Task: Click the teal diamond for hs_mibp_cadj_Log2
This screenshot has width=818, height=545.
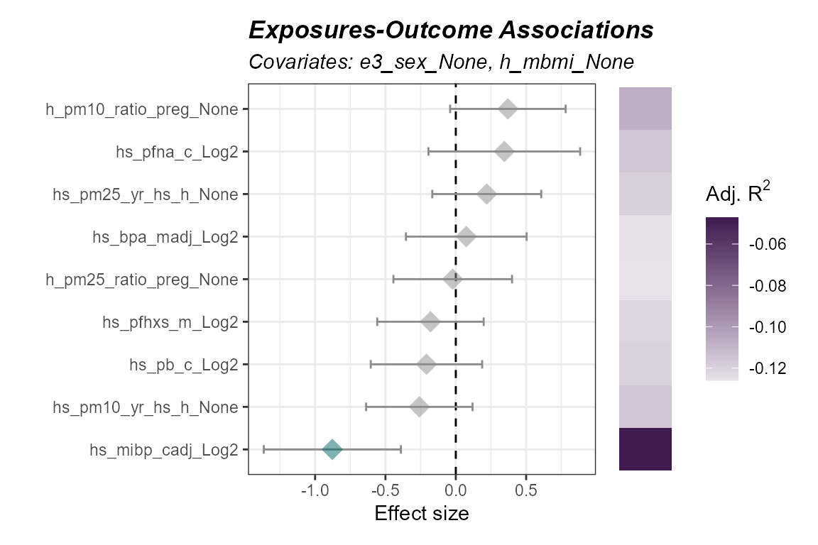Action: point(332,449)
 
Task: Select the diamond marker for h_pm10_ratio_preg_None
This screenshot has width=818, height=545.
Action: point(508,109)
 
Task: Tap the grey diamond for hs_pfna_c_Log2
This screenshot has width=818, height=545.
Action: point(504,152)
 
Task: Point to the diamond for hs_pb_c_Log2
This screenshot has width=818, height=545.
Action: point(426,365)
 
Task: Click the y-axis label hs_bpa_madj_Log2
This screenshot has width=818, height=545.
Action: point(165,237)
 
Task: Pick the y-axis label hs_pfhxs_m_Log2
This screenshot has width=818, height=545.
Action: point(170,322)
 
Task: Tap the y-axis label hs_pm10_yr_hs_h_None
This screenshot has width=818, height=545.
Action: point(145,407)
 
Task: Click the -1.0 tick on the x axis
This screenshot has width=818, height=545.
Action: point(315,491)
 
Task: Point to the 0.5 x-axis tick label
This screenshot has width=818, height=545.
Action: point(525,491)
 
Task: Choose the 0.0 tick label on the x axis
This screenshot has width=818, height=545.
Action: point(455,491)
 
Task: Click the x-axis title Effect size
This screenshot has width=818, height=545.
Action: point(422,514)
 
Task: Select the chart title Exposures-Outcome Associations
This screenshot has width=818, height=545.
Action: point(451,31)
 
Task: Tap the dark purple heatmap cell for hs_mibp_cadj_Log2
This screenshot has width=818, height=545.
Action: point(645,449)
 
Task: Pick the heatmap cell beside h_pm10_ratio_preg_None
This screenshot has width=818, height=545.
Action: point(645,109)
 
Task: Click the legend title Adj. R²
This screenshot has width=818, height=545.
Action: point(736,194)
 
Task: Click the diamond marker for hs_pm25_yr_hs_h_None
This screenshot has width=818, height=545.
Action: point(486,194)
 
